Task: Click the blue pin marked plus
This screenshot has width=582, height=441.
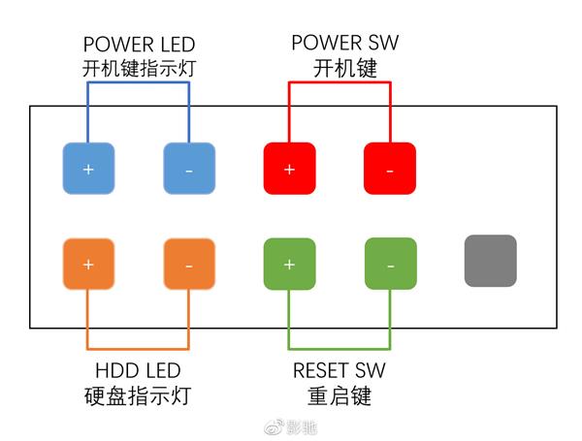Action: click(88, 168)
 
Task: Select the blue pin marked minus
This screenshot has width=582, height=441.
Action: click(188, 168)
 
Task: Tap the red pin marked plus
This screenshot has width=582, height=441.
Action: click(289, 168)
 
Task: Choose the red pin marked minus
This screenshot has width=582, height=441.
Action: click(389, 168)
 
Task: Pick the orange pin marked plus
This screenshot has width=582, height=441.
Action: click(88, 264)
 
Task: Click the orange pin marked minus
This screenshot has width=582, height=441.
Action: click(188, 264)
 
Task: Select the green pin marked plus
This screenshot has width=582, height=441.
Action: click(289, 264)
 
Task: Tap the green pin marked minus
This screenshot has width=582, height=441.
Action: click(389, 264)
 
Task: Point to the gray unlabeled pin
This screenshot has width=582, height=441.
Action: click(491, 261)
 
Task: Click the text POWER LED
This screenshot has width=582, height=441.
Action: click(139, 45)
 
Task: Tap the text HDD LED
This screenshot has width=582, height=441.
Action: click(138, 371)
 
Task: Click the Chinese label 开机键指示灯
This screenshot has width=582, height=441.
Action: click(139, 68)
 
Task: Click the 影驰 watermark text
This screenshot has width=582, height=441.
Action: click(303, 426)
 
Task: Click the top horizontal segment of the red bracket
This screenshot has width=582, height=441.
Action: click(339, 82)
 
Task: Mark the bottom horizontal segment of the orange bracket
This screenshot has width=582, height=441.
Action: click(139, 348)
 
